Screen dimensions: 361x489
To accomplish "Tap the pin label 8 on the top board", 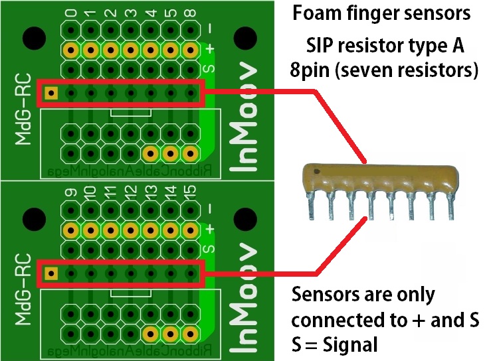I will [x=191, y=13].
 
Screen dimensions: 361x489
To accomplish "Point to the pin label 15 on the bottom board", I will [x=191, y=194].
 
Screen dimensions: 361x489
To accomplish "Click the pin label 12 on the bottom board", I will [x=132, y=194].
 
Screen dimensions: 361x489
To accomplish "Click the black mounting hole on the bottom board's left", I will [x=33, y=218].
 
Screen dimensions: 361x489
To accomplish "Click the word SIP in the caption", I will [x=321, y=46].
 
